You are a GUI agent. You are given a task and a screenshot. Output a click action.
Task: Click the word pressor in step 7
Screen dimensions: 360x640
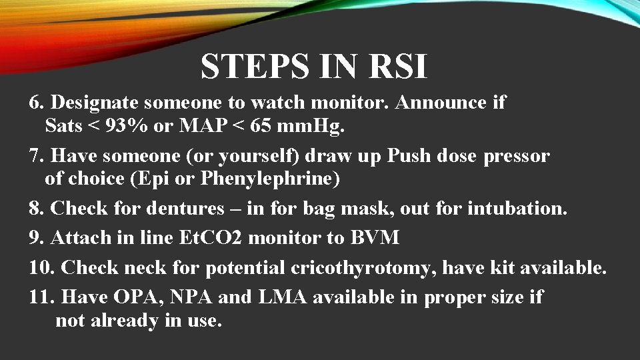point(517,156)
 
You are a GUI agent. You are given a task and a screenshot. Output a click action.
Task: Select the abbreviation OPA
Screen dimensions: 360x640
point(130,297)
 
